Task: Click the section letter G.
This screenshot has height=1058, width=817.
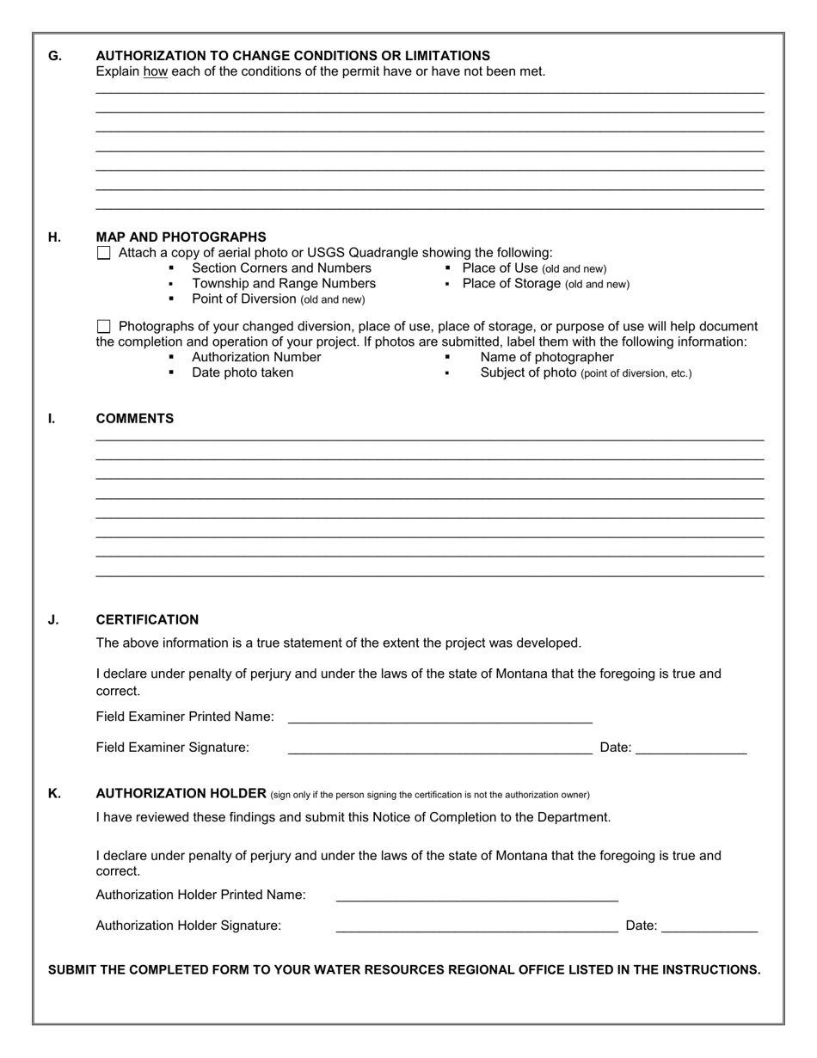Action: click(54, 56)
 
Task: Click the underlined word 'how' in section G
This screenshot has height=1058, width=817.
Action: click(155, 71)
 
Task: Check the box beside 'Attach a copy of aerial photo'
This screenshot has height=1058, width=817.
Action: click(104, 253)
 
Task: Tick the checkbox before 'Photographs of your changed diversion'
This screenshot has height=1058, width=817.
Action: click(104, 326)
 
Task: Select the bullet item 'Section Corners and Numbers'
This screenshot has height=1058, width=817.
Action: click(281, 268)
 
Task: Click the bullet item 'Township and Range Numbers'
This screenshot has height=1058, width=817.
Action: click(283, 284)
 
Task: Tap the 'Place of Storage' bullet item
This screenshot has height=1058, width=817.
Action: click(545, 284)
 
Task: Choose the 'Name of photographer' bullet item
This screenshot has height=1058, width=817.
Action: click(547, 357)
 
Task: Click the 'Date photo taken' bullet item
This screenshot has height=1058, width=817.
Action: click(242, 372)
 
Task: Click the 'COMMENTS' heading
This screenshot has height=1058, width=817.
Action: click(134, 419)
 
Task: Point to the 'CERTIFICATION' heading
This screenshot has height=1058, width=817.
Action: click(147, 620)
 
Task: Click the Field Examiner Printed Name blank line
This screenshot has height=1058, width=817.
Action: click(439, 717)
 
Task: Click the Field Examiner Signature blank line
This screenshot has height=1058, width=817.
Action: click(439, 748)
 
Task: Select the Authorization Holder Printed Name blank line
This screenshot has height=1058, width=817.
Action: click(476, 895)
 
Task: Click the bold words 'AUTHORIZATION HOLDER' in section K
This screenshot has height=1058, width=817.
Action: click(181, 793)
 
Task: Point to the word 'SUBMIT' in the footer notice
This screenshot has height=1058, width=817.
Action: click(74, 970)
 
